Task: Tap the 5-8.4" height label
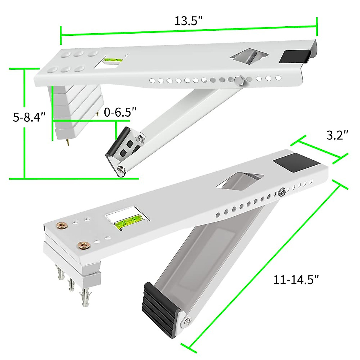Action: (29, 117)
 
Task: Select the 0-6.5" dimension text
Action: (120, 112)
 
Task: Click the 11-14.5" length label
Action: (295, 280)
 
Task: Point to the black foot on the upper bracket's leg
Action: (117, 141)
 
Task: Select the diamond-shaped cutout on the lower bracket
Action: (238, 181)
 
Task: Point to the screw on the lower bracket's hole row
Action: (282, 191)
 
